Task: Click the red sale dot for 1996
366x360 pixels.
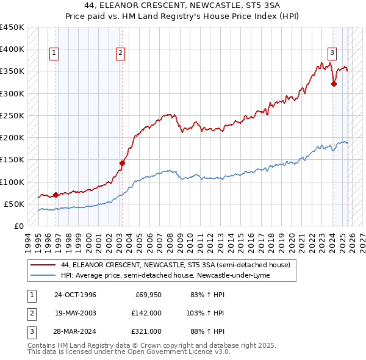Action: [x=56, y=195]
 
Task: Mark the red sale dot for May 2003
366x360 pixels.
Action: [x=122, y=163]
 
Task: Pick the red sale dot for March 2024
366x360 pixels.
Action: [x=334, y=84]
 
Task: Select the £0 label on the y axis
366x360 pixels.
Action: [x=18, y=226]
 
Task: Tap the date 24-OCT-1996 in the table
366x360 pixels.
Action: [x=75, y=295]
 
